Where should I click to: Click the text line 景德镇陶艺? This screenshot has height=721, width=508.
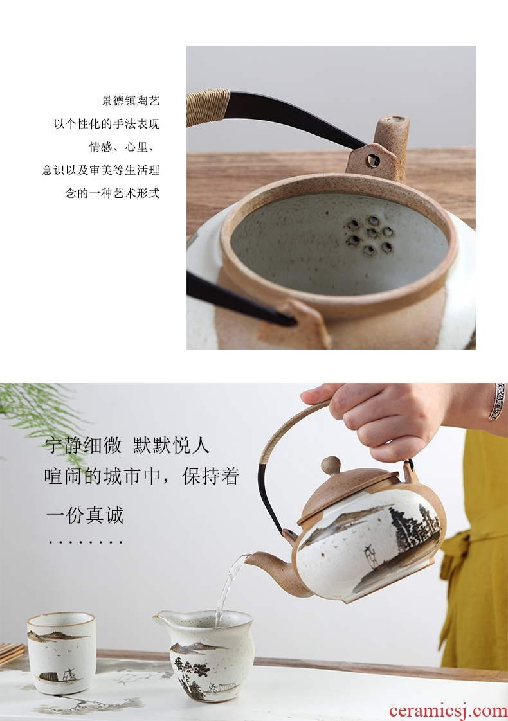point(131,100)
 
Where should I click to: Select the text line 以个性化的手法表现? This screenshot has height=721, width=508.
point(107,123)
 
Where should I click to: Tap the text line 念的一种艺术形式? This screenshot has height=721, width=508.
point(113,193)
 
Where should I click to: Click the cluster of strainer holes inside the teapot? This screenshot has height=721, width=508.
point(370,235)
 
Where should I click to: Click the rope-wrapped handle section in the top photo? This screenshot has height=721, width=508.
point(208,107)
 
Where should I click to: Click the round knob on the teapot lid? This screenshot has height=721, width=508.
point(331,466)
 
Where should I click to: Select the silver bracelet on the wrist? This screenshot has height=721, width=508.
point(498,401)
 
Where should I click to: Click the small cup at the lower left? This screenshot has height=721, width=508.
point(61,653)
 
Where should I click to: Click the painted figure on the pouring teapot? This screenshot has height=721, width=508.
point(368,556)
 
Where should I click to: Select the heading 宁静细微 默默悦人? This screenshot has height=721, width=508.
point(127,445)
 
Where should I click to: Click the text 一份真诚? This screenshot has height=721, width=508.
point(85,515)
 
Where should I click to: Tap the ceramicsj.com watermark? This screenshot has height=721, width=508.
point(448,711)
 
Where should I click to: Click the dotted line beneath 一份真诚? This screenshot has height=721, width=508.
point(86,543)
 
